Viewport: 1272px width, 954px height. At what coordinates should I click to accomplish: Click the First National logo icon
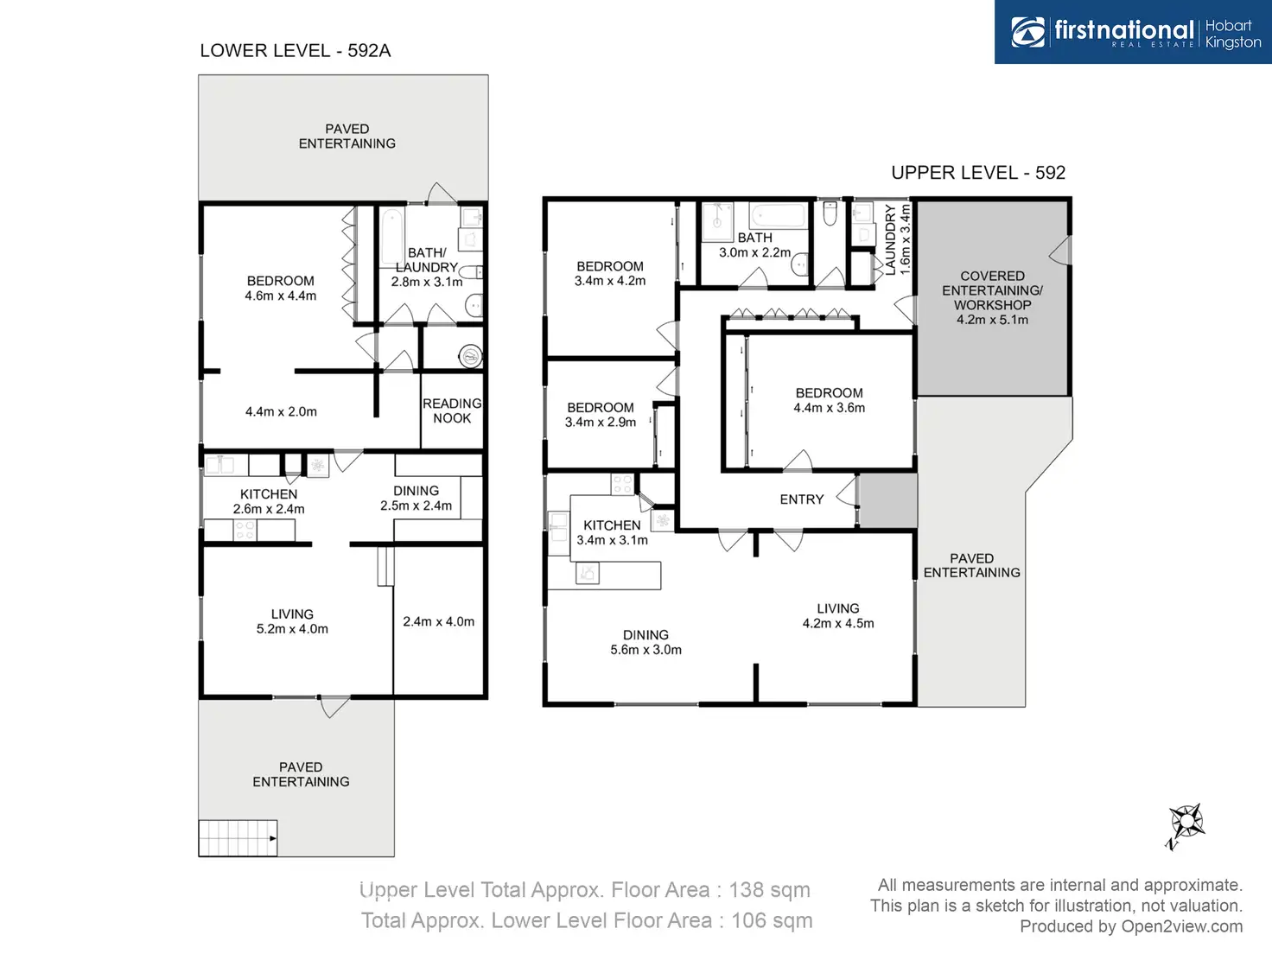(1028, 32)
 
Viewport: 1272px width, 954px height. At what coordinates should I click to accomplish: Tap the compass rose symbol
(1186, 823)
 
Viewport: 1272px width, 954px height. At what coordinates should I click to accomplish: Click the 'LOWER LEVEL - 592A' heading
(295, 51)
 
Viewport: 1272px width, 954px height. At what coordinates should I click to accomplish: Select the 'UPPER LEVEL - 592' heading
(978, 173)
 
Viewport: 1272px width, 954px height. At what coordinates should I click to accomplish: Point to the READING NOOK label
(452, 410)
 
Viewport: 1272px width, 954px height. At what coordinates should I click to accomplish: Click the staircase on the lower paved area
(238, 838)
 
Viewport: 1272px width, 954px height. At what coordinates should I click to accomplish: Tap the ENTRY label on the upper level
(801, 499)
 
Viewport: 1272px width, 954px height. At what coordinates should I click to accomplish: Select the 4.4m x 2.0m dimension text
(281, 412)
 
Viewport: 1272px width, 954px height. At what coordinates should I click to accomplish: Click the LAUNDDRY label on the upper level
(891, 240)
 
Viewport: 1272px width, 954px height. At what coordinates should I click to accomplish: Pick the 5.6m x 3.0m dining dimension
(646, 650)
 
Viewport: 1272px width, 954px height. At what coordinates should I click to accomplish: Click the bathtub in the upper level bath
(778, 216)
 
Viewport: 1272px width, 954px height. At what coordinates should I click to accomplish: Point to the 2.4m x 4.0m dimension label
(439, 621)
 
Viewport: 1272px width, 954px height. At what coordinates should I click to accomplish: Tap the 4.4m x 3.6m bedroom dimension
(830, 408)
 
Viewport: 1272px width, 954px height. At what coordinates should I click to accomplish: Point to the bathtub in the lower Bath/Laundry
(392, 238)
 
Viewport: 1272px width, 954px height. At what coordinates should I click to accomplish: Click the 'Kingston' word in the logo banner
(1233, 42)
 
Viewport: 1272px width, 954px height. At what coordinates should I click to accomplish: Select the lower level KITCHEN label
(268, 494)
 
